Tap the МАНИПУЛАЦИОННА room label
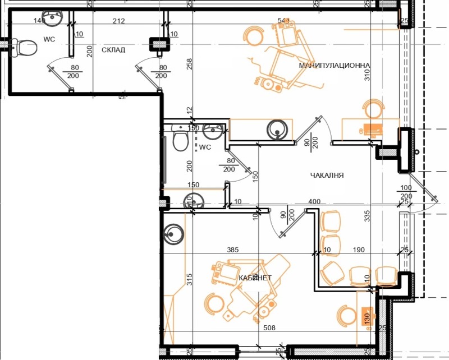pyautogui.click(x=327, y=66)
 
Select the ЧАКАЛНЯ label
pyautogui.click(x=327, y=176)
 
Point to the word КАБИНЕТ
pyautogui.click(x=255, y=278)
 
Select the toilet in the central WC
pyautogui.click(x=180, y=141)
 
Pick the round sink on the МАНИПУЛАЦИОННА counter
pyautogui.click(x=277, y=129)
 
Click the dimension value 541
pyautogui.click(x=283, y=21)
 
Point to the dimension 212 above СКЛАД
pyautogui.click(x=118, y=21)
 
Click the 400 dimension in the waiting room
pyautogui.click(x=314, y=201)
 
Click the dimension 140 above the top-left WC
pyautogui.click(x=39, y=21)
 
